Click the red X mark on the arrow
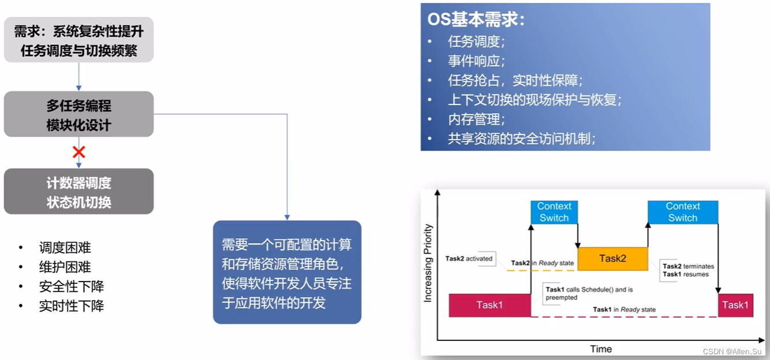click(x=79, y=152)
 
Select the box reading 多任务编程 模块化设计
click(x=79, y=115)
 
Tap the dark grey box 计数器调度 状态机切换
click(x=79, y=192)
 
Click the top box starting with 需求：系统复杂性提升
click(x=79, y=40)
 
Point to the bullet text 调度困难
click(x=65, y=247)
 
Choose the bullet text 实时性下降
click(x=71, y=306)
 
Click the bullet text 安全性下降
click(x=71, y=286)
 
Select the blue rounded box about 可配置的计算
click(x=287, y=272)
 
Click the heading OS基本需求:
click(x=476, y=20)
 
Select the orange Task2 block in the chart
click(x=612, y=258)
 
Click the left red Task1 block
click(x=489, y=305)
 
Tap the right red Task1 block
click(x=735, y=305)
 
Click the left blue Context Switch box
click(x=554, y=212)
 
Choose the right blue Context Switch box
click(x=683, y=212)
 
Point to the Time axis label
click(x=601, y=348)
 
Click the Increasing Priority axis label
click(x=428, y=263)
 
